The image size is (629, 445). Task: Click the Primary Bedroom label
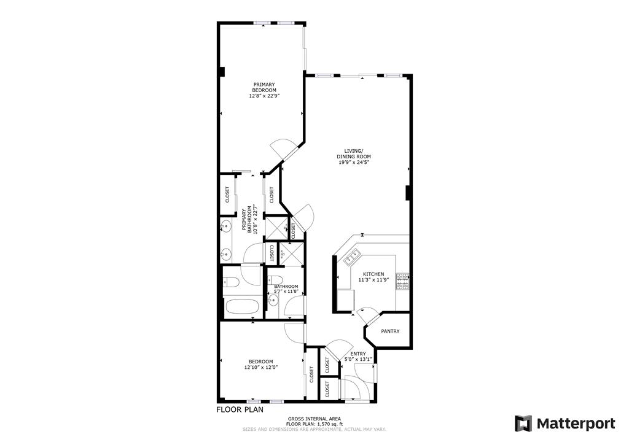(264, 87)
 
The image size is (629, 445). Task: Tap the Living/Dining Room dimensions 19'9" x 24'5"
(353, 163)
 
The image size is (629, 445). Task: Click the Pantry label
(390, 331)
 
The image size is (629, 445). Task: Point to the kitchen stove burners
(403, 282)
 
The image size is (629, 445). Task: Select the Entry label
(358, 354)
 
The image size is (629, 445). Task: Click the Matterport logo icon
(523, 424)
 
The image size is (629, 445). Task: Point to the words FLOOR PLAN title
(240, 410)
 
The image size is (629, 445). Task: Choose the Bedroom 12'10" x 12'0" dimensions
(261, 367)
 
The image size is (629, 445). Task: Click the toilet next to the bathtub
(231, 282)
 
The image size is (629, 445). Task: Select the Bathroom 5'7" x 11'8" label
(286, 288)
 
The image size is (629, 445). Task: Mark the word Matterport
(576, 424)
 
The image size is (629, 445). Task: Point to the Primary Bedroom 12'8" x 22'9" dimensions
(264, 96)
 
